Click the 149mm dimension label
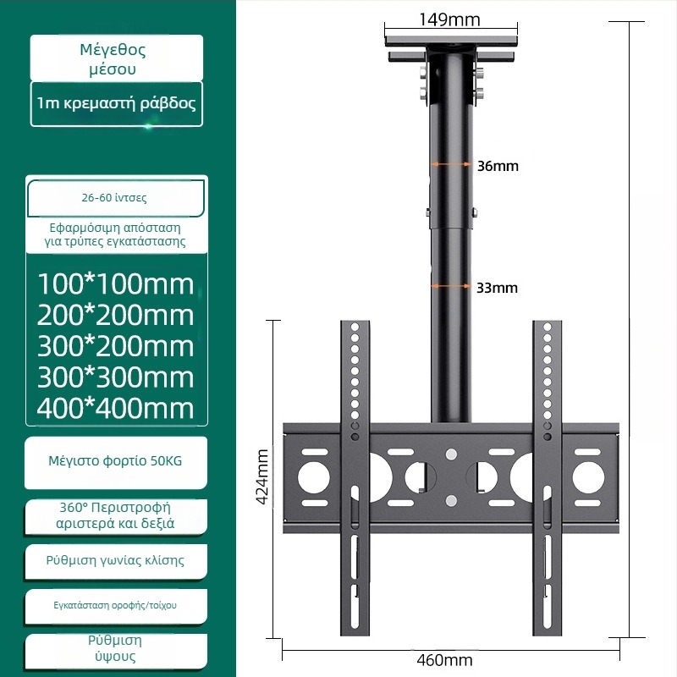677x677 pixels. [x=449, y=19]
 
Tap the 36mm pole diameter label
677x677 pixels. [x=498, y=166]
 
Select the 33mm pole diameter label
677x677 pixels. [x=497, y=288]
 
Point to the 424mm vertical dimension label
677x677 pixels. [x=263, y=476]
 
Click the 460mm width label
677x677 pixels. [x=445, y=660]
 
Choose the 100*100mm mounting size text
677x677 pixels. [x=116, y=283]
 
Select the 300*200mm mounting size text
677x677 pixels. [x=116, y=346]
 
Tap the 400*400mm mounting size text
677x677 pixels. [x=116, y=409]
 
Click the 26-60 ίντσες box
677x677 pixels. [x=116, y=198]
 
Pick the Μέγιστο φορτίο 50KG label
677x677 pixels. [x=116, y=462]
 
